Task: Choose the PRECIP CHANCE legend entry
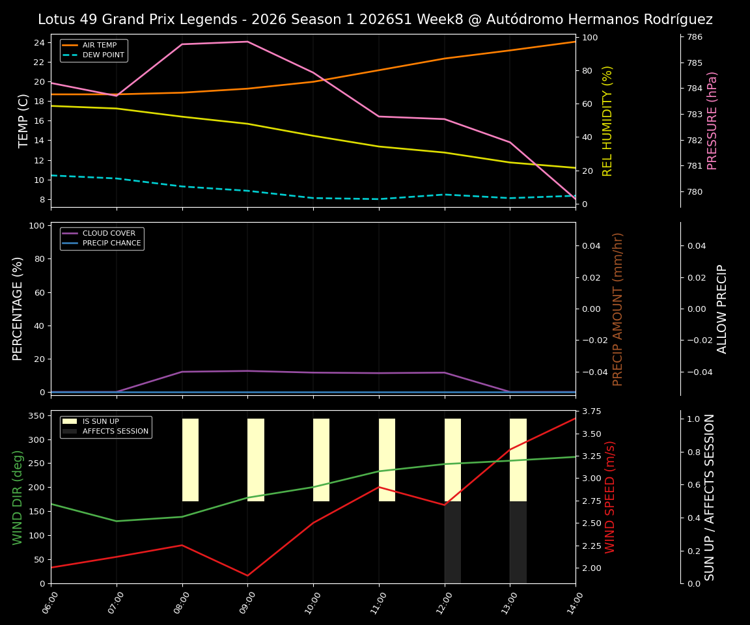[111, 243]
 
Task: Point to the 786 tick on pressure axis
[695, 37]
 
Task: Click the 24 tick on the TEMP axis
[40, 43]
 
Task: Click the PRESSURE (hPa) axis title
[712, 120]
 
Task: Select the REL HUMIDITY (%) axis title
[607, 120]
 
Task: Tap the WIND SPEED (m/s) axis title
[610, 497]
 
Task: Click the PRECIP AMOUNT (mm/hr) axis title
[618, 309]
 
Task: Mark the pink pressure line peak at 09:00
[247, 42]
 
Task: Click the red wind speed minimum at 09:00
[247, 576]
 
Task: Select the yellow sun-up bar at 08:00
[190, 460]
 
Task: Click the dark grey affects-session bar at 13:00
[518, 542]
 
